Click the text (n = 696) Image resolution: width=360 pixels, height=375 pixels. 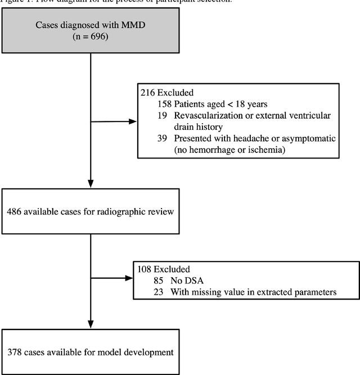click(x=91, y=37)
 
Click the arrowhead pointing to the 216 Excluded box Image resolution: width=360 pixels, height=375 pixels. click(x=133, y=121)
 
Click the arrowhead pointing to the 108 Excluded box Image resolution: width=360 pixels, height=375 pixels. click(x=129, y=277)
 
